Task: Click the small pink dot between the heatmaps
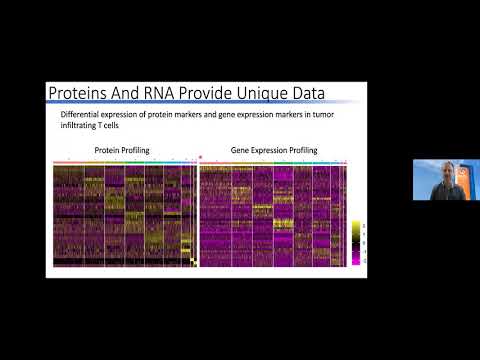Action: pos(201,157)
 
